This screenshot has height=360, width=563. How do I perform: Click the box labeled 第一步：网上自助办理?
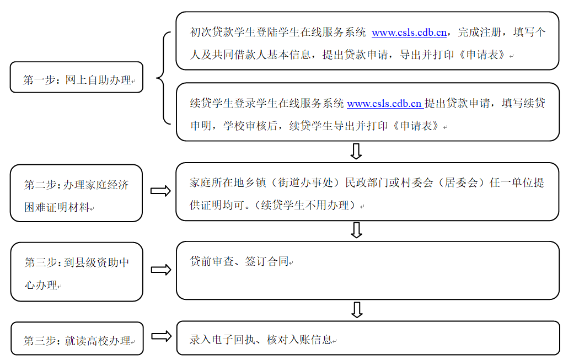click(x=76, y=77)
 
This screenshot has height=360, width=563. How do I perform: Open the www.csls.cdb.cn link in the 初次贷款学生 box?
click(x=409, y=33)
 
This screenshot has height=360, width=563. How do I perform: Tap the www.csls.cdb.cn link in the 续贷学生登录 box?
click(x=384, y=103)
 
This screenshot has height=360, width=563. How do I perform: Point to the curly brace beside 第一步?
click(x=163, y=77)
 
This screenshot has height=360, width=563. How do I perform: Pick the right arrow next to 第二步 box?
click(x=161, y=191)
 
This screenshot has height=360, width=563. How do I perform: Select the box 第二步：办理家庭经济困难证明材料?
click(x=76, y=193)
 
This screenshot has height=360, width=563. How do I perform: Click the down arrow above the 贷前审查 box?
click(x=357, y=230)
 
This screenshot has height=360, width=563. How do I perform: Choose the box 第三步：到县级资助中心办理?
click(x=76, y=272)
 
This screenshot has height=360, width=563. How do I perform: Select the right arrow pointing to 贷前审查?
click(x=161, y=270)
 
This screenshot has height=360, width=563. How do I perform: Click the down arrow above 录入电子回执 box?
click(x=357, y=309)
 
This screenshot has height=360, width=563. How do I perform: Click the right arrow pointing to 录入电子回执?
click(x=161, y=336)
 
